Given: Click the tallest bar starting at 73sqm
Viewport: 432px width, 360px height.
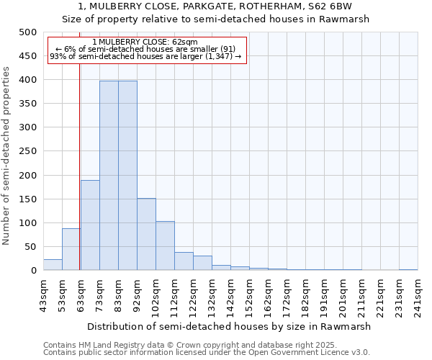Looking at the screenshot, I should (109, 176).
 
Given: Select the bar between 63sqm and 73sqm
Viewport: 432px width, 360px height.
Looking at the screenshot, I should (90, 225).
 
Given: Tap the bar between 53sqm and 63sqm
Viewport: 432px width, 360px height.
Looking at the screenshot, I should (71, 249).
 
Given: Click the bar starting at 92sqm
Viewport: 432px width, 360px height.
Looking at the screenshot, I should (146, 234).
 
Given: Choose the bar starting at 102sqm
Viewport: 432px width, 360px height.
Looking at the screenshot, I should (165, 246).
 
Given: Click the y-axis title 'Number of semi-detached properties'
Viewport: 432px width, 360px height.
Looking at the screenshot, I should (7, 156).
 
